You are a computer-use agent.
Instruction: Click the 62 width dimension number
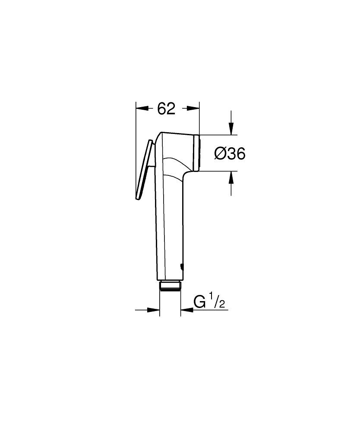pyautogui.click(x=166, y=109)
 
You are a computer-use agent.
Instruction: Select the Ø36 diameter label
pyautogui.click(x=230, y=153)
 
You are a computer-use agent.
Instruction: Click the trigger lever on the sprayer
pyautogui.click(x=145, y=171)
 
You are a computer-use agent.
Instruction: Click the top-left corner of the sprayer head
pyautogui.click(x=161, y=133)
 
